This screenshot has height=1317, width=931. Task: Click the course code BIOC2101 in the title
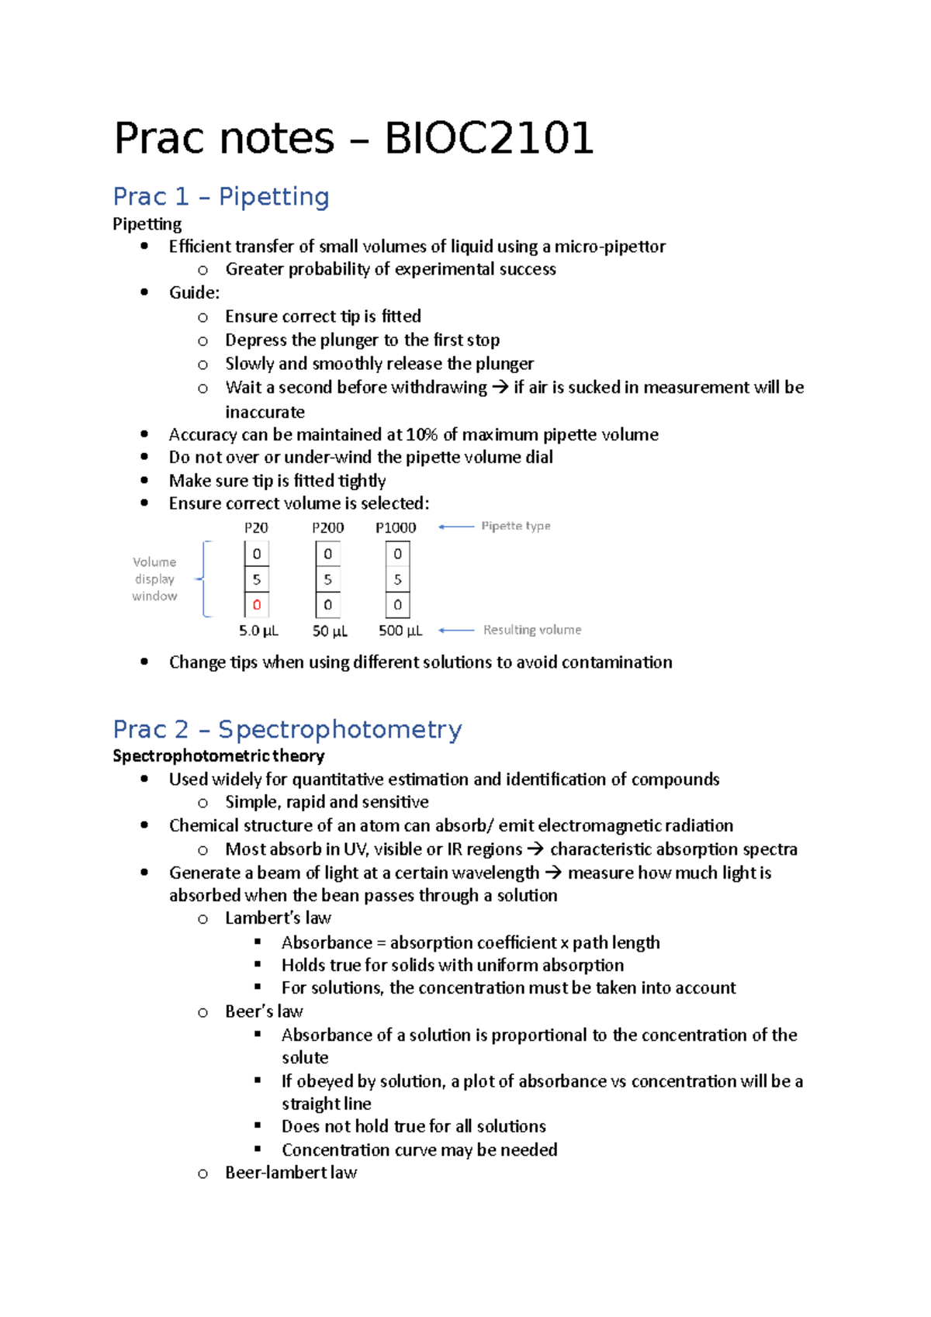click(x=489, y=139)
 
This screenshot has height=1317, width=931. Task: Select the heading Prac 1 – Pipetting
click(x=220, y=196)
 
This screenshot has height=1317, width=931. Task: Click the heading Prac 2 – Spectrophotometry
click(x=287, y=729)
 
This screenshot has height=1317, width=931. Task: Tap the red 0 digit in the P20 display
click(x=257, y=605)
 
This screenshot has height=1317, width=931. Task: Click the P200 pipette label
click(x=327, y=527)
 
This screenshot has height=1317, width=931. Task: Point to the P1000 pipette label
click(x=396, y=527)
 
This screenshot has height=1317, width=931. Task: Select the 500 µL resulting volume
click(x=400, y=631)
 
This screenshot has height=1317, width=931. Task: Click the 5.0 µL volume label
click(x=258, y=631)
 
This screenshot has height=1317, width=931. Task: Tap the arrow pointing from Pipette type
click(x=456, y=527)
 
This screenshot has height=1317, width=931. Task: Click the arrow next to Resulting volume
click(x=456, y=631)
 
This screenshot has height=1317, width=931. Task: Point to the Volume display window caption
click(x=154, y=579)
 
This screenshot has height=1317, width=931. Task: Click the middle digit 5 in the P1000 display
click(x=397, y=579)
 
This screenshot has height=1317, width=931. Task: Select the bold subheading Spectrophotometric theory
click(x=218, y=755)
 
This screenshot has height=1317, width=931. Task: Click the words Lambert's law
click(x=278, y=918)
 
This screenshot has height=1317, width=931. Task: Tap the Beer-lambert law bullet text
click(x=291, y=1173)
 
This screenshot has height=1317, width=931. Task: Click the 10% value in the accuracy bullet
click(x=421, y=434)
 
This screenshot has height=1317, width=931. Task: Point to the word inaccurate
click(x=265, y=412)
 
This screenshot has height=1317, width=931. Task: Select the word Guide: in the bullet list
click(x=194, y=292)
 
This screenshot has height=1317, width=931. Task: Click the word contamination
click(x=617, y=662)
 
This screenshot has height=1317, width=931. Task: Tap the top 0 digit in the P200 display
click(x=327, y=554)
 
